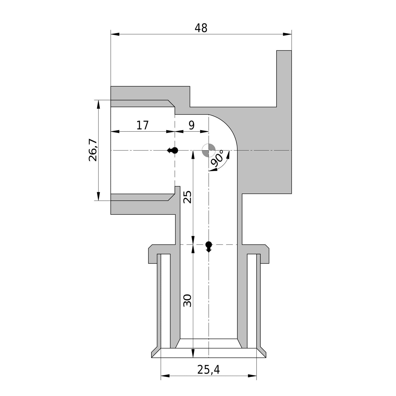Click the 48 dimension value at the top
pos(201,28)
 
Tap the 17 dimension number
pos(143,125)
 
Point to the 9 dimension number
pos(192,125)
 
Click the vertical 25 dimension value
pos(187,196)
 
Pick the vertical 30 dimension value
pos(187,301)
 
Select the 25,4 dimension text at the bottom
pos(208,370)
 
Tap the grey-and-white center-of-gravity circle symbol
pos(209,150)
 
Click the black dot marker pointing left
pos(173,150)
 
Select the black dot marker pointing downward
pos(209,245)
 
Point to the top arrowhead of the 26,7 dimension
pos(98,104)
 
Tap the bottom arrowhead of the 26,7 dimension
pos(98,196)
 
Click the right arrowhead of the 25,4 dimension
pos(252,375)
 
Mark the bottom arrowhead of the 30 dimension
pos(193,353)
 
